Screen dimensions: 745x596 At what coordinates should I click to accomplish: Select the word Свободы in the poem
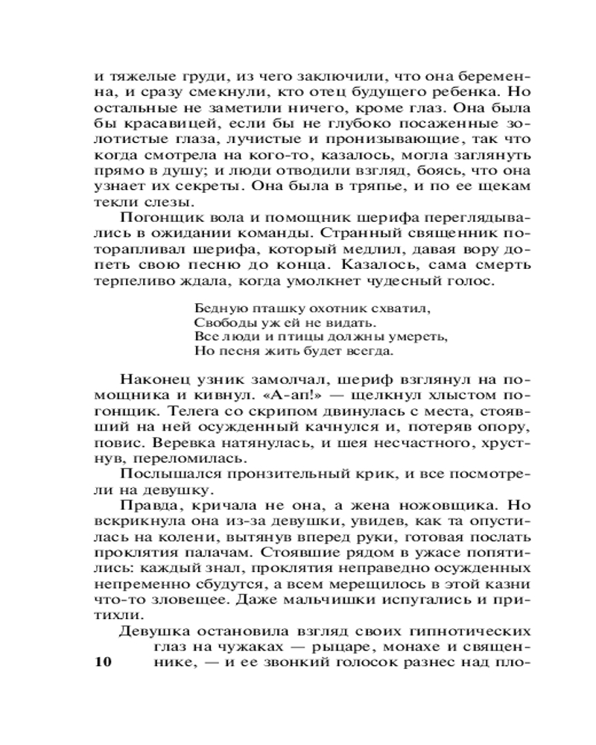tap(219, 322)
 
